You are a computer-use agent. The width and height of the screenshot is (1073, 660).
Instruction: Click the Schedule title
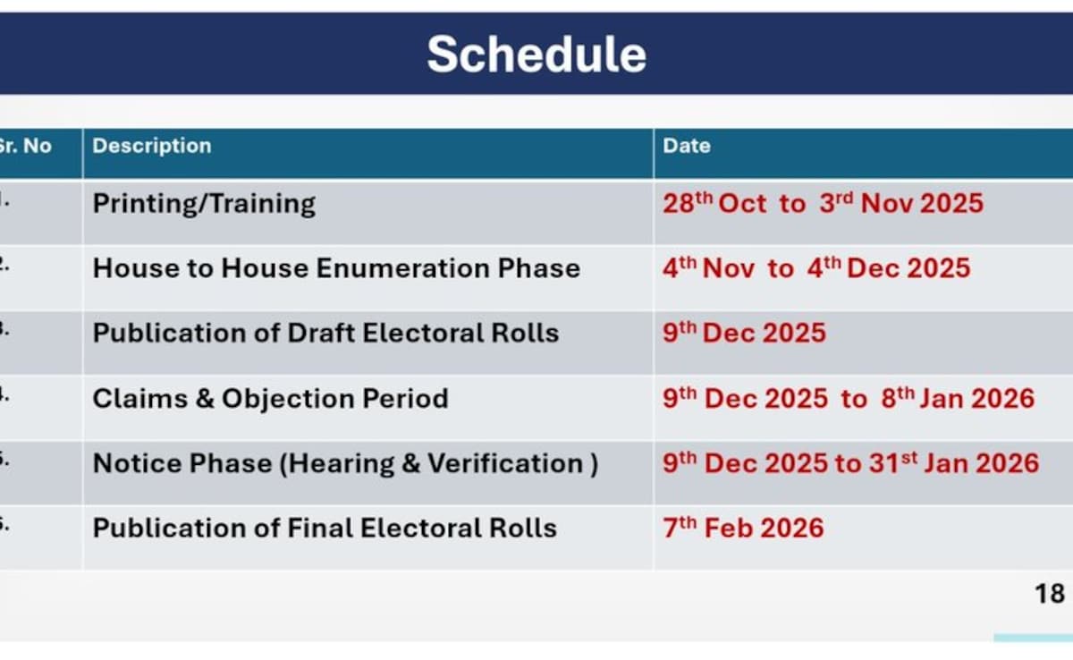(x=536, y=55)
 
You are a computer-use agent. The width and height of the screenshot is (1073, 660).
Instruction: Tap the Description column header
(x=152, y=146)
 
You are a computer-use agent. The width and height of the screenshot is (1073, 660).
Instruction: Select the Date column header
(x=687, y=146)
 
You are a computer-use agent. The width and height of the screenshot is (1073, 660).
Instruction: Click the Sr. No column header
(x=25, y=146)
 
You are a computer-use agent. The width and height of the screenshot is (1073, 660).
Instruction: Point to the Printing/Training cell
(x=204, y=204)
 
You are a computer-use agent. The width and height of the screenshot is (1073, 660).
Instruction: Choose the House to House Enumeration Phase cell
(x=336, y=267)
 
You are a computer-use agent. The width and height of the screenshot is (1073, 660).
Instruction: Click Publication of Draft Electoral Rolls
(x=325, y=333)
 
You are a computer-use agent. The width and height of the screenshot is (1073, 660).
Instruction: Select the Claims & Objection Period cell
(x=271, y=399)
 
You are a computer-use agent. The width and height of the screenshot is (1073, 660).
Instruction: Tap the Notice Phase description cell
(x=345, y=463)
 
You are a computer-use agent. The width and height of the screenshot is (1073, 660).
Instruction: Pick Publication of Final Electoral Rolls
(x=325, y=528)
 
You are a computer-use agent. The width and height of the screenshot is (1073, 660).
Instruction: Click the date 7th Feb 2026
(x=743, y=528)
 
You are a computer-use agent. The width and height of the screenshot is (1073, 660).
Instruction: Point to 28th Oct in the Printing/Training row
(x=714, y=203)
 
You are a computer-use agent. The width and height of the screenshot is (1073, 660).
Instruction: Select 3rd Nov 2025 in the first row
(x=901, y=203)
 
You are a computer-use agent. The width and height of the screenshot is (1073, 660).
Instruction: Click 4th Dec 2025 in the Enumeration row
(x=889, y=267)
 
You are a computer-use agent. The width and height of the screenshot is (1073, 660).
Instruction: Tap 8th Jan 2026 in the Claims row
(x=958, y=399)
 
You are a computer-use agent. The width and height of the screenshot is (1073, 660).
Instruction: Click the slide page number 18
(x=1050, y=594)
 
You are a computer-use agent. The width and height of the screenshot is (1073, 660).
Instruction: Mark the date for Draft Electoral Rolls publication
(x=744, y=333)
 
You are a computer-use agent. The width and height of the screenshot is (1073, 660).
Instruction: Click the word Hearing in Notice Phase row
(x=341, y=464)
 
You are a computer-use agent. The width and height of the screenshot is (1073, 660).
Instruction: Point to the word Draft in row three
(x=320, y=333)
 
